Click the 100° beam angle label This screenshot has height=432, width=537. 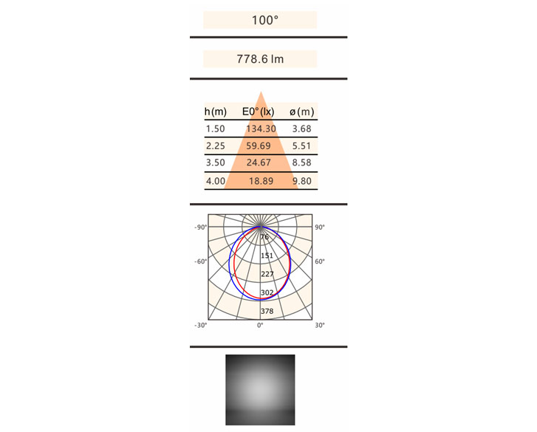(264, 20)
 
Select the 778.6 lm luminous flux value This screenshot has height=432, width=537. (260, 59)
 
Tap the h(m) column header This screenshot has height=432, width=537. (216, 112)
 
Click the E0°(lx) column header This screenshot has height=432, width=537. (259, 112)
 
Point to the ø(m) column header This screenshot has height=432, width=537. (301, 112)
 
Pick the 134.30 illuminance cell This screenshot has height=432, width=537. (261, 128)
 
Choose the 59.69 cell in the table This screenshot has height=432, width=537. (259, 145)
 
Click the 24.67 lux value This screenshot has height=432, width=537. (259, 162)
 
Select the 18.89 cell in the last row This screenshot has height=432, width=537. (261, 181)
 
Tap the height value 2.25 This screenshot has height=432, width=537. (216, 145)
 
